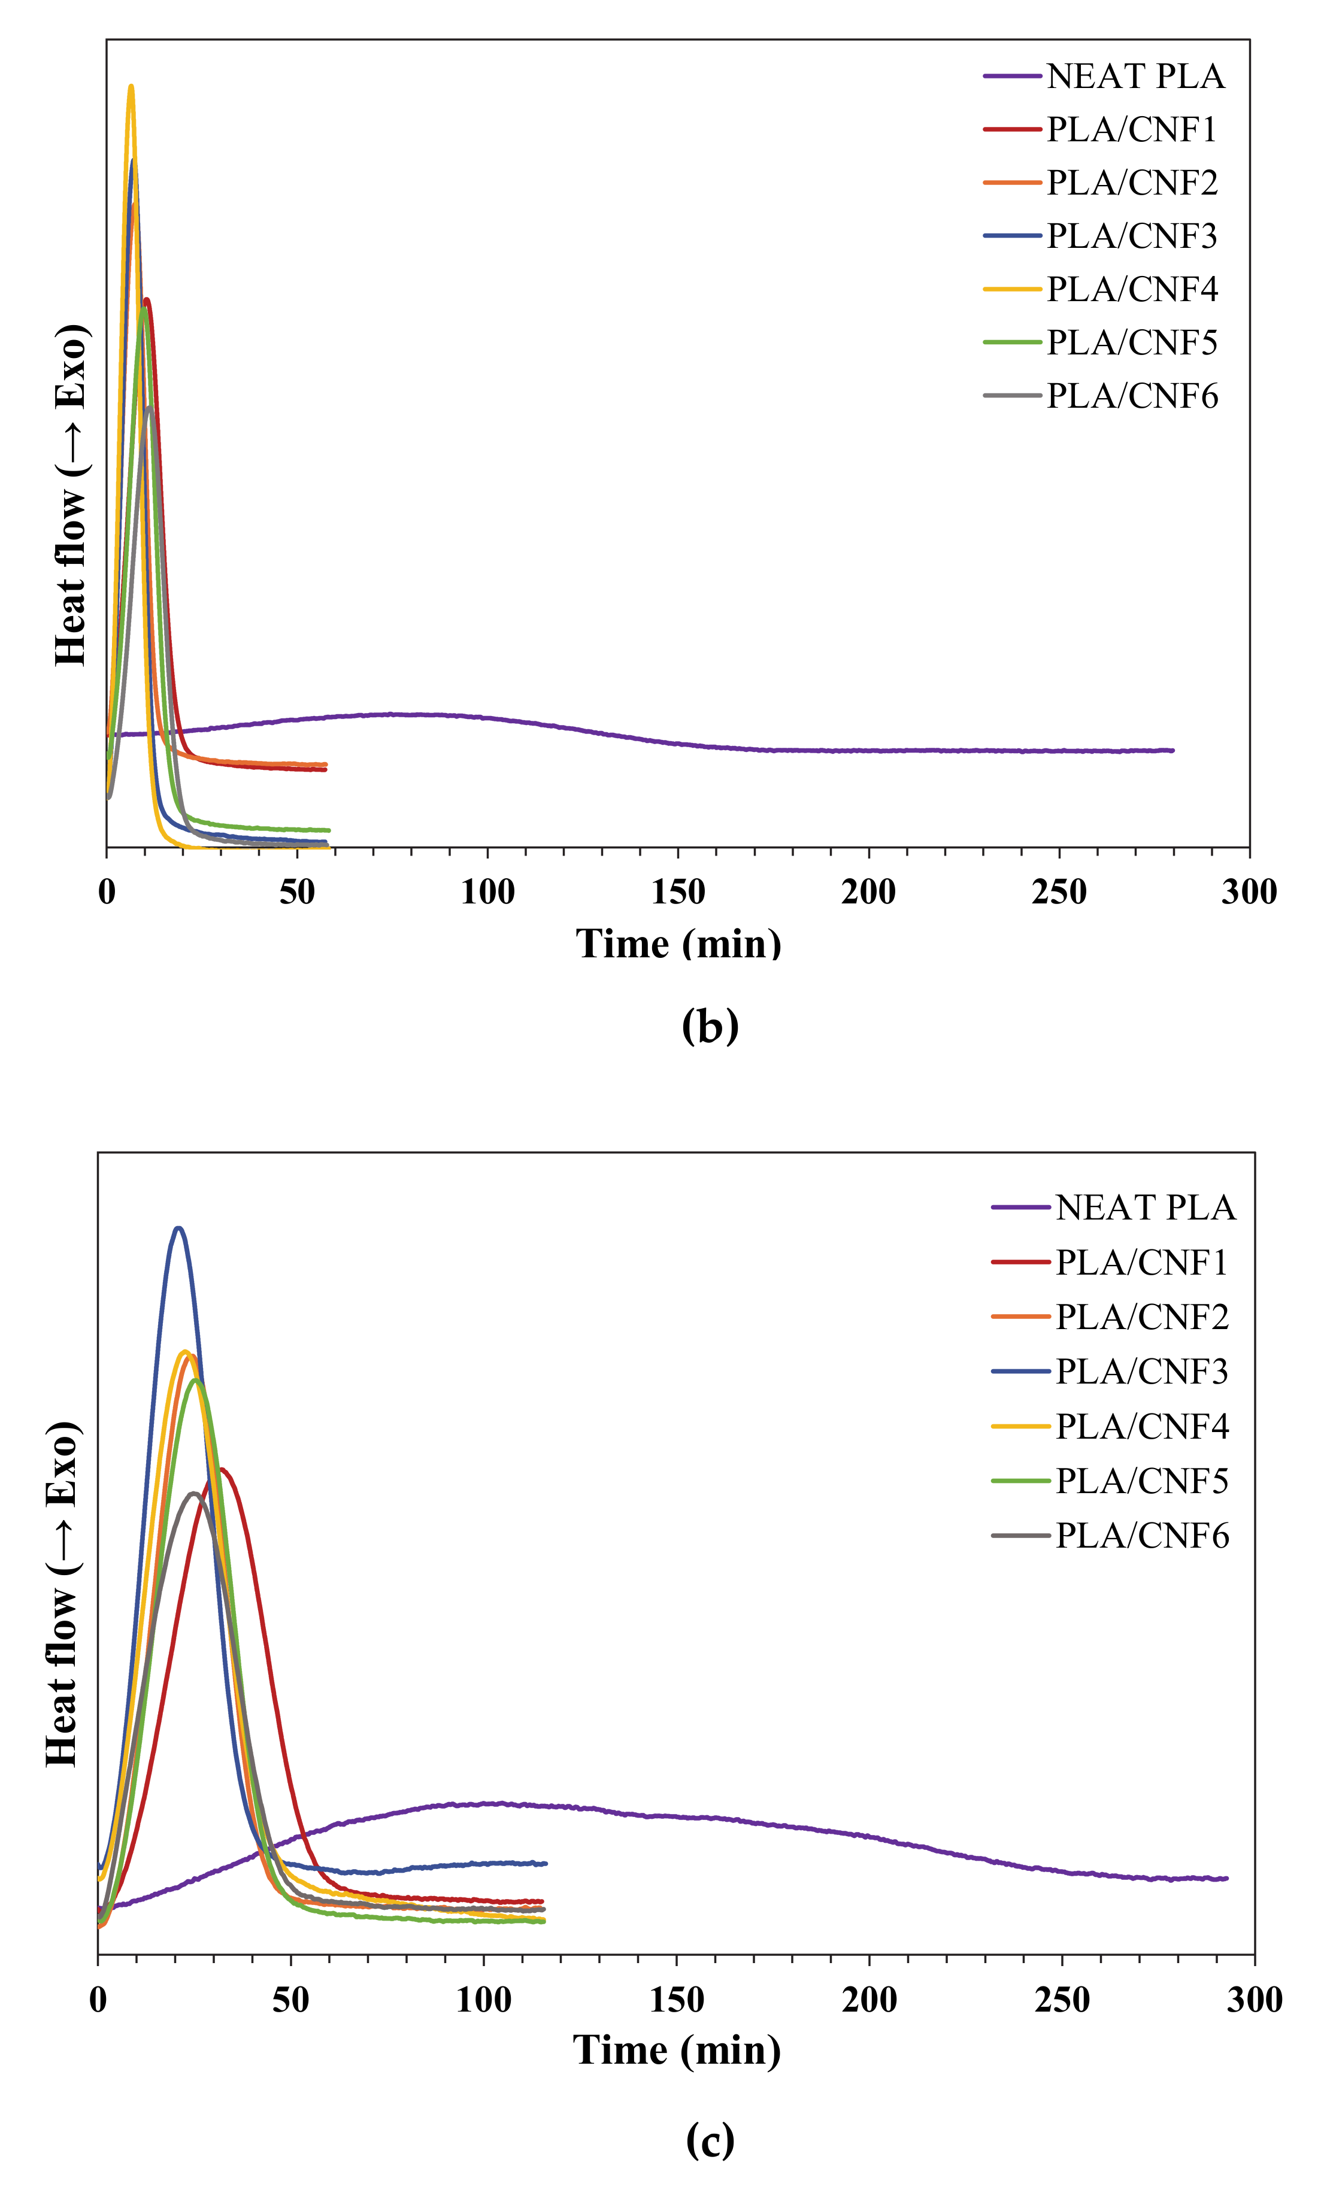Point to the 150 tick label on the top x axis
[678, 892]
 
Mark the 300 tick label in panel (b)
[1249, 892]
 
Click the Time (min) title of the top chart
[678, 944]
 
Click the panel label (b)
[710, 1026]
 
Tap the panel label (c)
[710, 2140]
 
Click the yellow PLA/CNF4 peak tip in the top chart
[131, 86]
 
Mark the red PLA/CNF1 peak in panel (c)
[222, 1469]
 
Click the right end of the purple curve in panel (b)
[1172, 750]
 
